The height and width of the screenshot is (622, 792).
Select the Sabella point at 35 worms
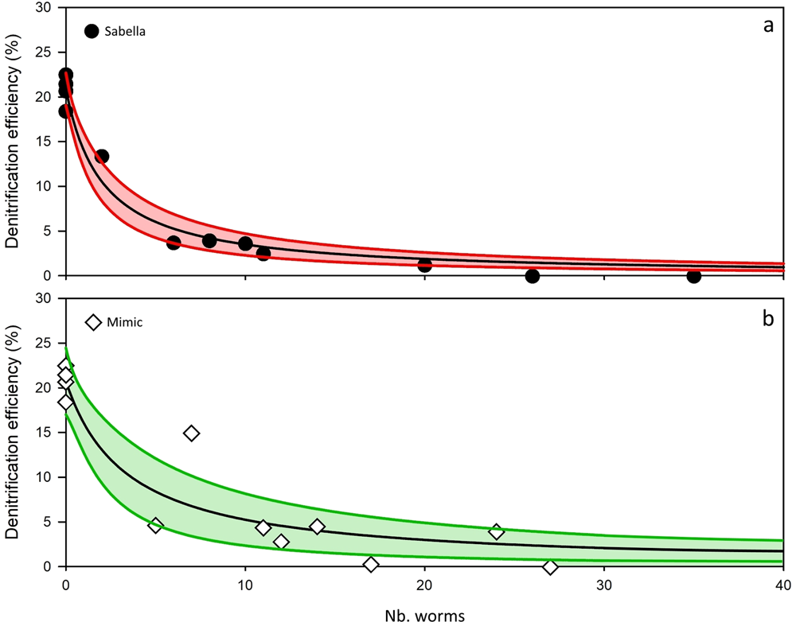pos(693,276)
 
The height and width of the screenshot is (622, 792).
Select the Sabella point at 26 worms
pos(533,276)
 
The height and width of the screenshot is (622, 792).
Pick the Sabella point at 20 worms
pos(425,265)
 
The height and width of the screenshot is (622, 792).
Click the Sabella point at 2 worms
pos(102,157)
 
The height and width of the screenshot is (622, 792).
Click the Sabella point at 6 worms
pos(174,243)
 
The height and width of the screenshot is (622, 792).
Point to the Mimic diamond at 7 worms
pos(191,433)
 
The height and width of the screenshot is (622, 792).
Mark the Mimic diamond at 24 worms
pos(497,531)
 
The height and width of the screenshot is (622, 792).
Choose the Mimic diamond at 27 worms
pos(550,567)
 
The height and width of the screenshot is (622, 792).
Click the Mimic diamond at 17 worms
pos(371,564)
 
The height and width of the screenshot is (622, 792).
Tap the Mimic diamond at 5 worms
pos(155,525)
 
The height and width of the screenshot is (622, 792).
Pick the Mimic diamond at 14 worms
pos(317,527)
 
